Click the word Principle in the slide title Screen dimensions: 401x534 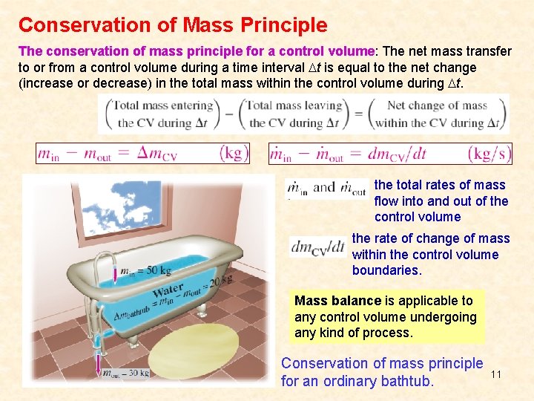point(286,25)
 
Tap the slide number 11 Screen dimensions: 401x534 point(496,374)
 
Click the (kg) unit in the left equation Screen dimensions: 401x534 point(234,154)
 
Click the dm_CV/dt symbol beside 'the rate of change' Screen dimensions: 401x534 point(317,247)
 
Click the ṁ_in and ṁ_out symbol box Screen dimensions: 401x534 point(326,189)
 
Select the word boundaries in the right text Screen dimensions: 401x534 point(386,270)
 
